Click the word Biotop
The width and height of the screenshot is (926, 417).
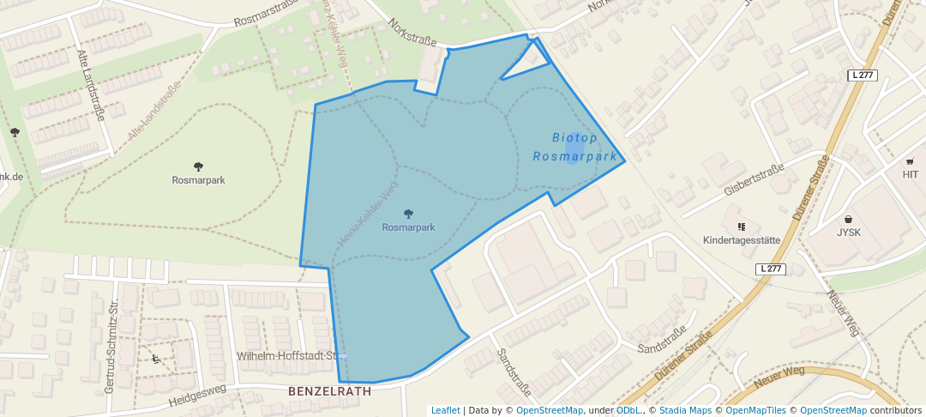[574, 137]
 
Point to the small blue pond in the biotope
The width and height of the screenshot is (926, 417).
[573, 151]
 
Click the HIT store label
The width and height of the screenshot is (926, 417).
[910, 174]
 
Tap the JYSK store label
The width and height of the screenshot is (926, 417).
[848, 233]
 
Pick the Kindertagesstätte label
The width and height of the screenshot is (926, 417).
[742, 240]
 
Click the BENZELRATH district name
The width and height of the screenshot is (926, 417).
[330, 391]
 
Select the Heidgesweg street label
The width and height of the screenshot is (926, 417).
[196, 395]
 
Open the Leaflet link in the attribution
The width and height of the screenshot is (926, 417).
[445, 411]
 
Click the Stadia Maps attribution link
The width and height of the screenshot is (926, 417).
[684, 411]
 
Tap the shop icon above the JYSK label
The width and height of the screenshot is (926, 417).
[848, 219]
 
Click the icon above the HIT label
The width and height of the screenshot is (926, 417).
[910, 161]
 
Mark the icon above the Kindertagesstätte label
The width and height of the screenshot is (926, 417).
[739, 227]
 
